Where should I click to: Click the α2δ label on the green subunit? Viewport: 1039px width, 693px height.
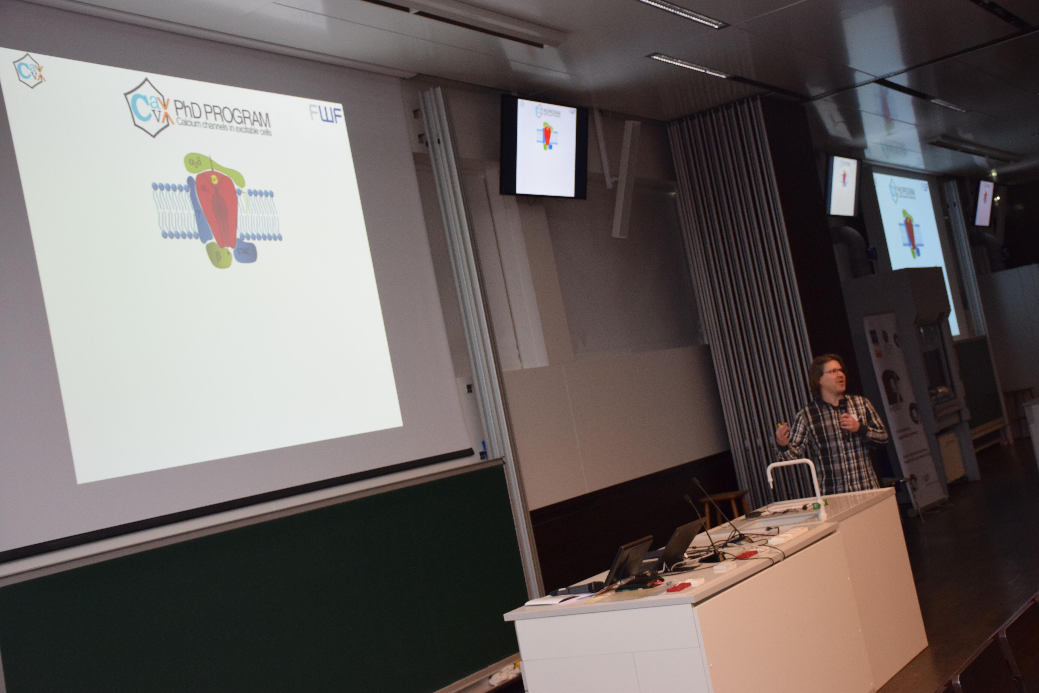195,163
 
